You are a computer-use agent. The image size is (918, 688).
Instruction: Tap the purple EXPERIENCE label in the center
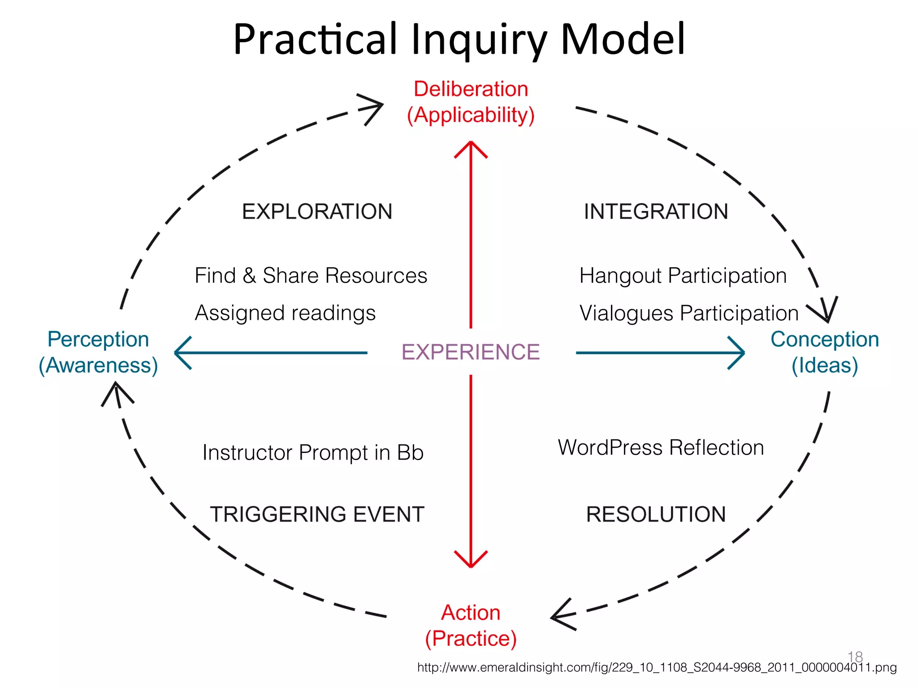point(470,352)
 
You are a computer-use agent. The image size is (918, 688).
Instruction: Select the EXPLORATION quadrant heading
point(317,211)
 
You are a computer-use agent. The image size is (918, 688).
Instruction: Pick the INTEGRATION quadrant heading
point(656,211)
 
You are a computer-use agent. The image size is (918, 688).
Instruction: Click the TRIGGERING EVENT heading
point(317,514)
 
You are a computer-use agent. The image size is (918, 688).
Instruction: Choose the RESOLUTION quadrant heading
point(656,514)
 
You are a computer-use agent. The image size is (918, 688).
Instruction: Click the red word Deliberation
point(471,89)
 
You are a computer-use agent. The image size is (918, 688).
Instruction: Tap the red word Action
point(471,612)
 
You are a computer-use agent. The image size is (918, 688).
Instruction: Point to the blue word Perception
point(98,339)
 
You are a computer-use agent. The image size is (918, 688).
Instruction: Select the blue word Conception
point(825,339)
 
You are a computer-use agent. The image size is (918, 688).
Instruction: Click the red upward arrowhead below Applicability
point(471,148)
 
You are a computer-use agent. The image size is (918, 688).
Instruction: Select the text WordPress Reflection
point(661,447)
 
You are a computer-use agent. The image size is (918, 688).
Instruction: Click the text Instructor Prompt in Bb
point(313,452)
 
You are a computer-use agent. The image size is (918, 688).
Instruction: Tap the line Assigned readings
point(285,313)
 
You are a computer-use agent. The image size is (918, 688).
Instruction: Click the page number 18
point(855,656)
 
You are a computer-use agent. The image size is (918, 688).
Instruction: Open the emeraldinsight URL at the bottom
point(657,667)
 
